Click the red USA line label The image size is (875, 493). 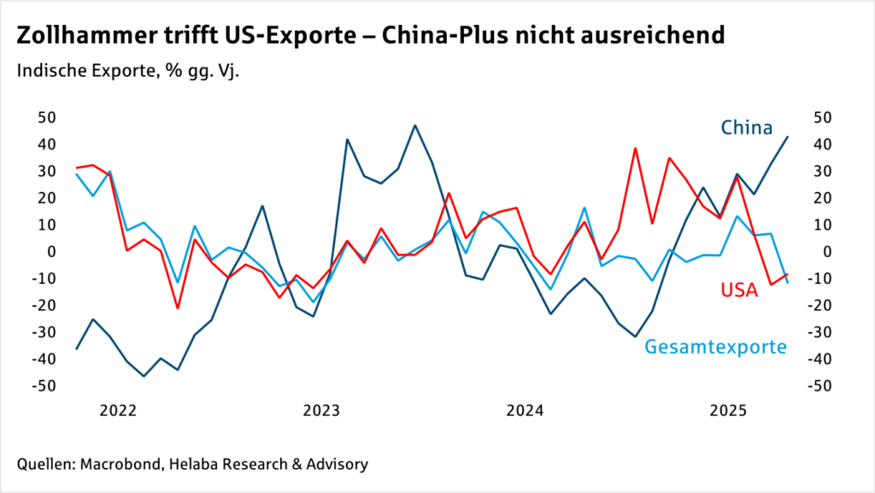739,291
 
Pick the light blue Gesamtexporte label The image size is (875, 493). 715,347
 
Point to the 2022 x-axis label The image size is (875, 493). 119,410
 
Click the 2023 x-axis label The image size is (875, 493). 321,410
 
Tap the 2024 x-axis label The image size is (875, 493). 524,410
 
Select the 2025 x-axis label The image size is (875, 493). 727,410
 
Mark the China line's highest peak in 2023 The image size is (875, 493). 415,126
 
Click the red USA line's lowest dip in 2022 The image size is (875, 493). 178,308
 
